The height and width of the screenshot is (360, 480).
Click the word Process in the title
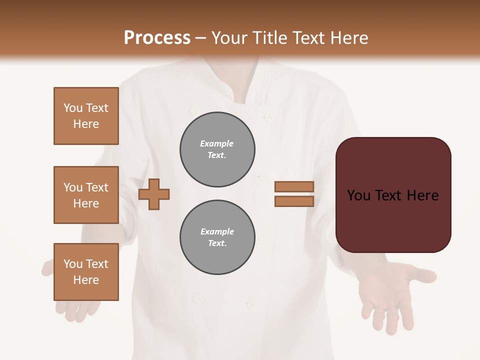pos(157,38)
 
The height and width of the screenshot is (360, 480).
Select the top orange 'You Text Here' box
pos(86,116)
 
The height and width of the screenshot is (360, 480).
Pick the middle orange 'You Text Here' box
pos(86,195)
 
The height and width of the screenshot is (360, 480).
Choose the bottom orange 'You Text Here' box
pos(86,272)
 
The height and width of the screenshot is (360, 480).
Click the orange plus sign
pos(154,194)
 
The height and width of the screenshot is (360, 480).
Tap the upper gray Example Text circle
pos(217,149)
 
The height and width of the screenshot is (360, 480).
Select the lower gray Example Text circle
pos(217,237)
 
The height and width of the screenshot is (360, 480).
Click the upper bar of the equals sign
pos(294,187)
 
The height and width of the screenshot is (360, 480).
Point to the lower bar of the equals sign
pos(294,201)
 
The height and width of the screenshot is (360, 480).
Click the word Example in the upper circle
pos(217,143)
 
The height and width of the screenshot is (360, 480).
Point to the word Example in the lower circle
pos(217,231)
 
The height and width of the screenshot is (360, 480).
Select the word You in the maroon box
pos(358,195)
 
